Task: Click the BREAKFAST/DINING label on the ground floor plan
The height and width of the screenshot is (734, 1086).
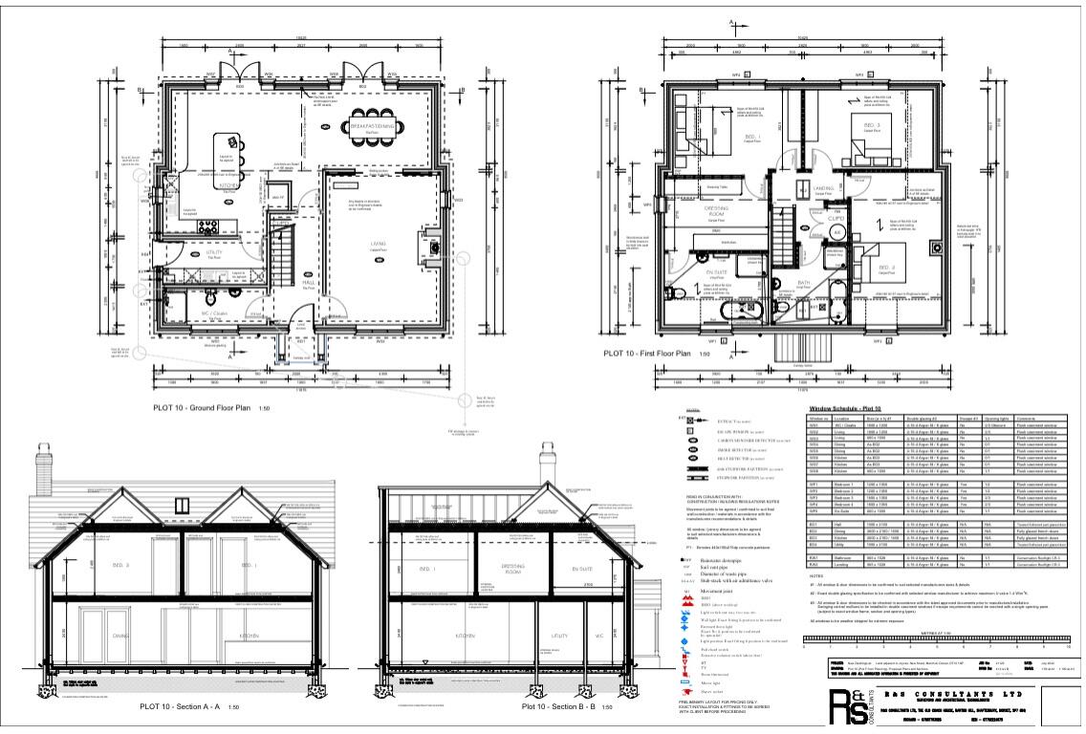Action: point(372,125)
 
